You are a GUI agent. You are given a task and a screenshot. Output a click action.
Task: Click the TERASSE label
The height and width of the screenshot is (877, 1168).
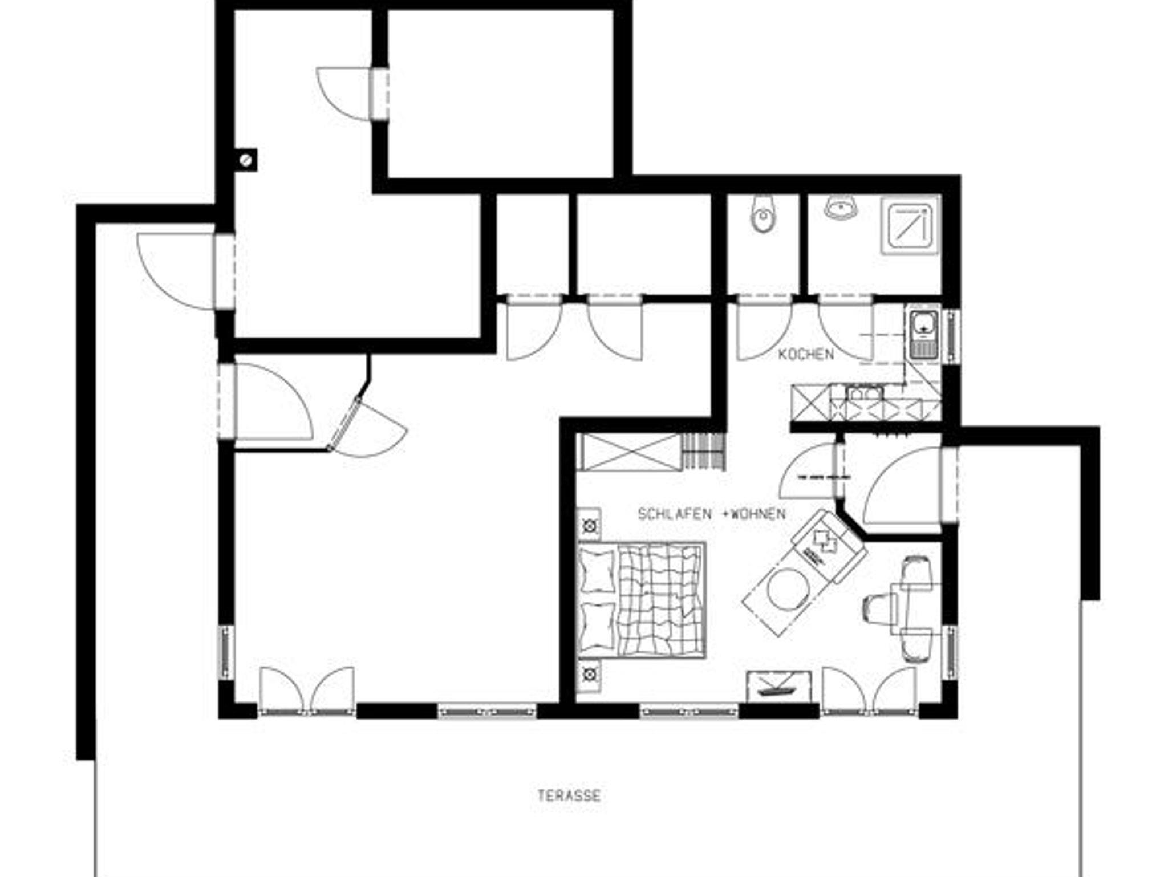569,795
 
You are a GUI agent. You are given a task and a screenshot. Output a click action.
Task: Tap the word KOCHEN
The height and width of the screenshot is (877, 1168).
806,354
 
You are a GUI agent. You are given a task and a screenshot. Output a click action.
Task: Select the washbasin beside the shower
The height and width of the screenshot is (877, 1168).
841,208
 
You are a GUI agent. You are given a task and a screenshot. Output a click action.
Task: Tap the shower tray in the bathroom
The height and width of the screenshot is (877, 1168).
910,225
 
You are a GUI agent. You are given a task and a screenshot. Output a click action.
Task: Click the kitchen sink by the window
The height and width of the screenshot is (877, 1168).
922,334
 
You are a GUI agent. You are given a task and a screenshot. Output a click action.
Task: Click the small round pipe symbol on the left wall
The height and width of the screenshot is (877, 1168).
246,160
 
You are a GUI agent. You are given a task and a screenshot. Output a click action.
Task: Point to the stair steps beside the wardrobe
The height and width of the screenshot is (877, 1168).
704,451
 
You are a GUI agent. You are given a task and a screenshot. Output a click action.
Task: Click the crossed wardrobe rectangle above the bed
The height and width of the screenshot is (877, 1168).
630,452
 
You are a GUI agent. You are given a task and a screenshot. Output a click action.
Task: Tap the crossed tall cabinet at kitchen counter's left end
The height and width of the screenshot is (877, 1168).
810,403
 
